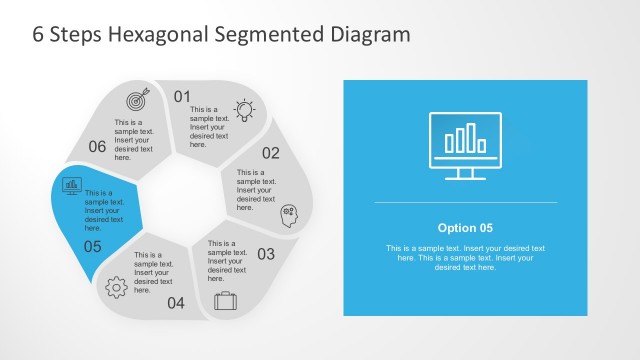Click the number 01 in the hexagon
coord(182,97)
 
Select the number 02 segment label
coord(271,153)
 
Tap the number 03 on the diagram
coord(266,254)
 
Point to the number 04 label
coord(176,303)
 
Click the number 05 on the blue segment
coord(92,246)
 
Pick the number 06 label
coord(97,147)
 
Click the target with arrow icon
coord(137,100)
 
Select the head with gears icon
coord(289,212)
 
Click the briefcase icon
coord(225,300)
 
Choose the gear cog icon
coord(116,287)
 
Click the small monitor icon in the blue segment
coord(72,185)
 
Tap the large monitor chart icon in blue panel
coord(464,146)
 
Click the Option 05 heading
coord(465,227)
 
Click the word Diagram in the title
coord(370,34)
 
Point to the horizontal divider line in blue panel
coord(465,203)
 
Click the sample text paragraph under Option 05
coord(465,257)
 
